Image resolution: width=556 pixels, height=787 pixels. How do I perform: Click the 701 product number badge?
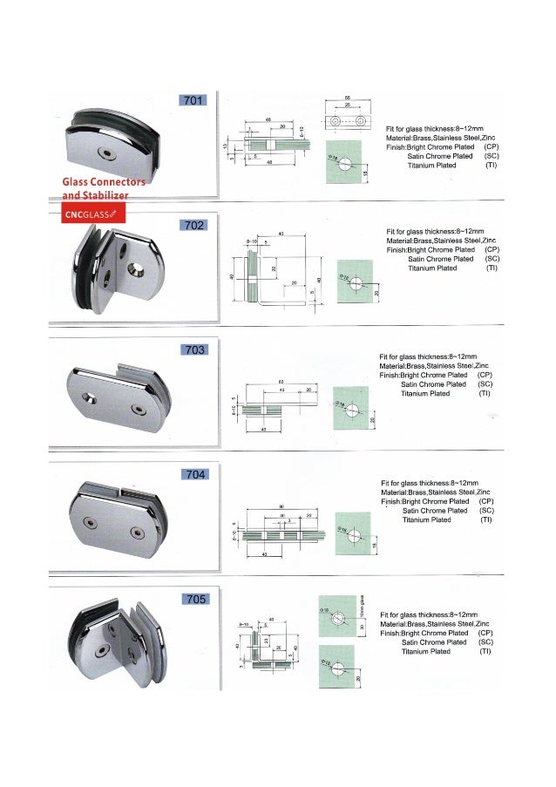click(x=193, y=100)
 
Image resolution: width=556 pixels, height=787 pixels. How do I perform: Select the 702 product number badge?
click(x=193, y=225)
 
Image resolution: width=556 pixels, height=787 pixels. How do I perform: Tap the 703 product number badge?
click(x=193, y=349)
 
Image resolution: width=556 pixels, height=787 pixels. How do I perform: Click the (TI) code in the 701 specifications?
click(x=492, y=166)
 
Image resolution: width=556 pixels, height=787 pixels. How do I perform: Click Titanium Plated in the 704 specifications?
click(x=426, y=519)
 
